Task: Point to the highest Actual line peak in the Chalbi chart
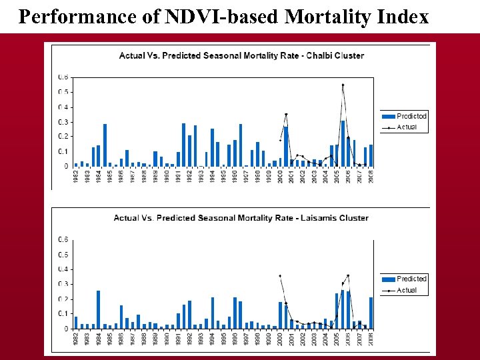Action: pos(343,85)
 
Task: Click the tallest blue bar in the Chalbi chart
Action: pos(343,143)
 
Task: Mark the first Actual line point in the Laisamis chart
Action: pos(280,276)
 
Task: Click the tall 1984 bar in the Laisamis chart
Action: pos(98,309)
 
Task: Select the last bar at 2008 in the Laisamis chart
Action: pos(371,313)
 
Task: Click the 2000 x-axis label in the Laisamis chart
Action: pos(280,339)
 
